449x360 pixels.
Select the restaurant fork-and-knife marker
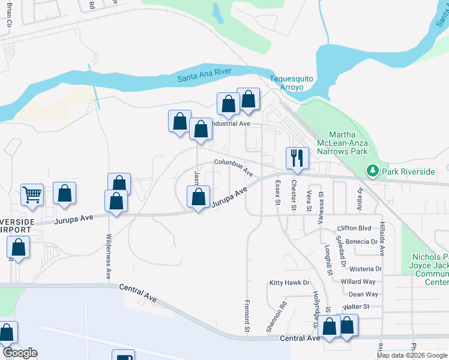pyautogui.click(x=297, y=158)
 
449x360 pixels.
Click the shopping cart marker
pyautogui.click(x=32, y=194)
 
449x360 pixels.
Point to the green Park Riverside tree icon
pyautogui.click(x=373, y=172)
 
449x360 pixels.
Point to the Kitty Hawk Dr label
pyautogui.click(x=289, y=283)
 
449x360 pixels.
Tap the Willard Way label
pyautogui.click(x=358, y=281)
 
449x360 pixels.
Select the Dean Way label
pyautogui.click(x=363, y=294)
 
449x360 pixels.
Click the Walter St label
pyautogui.click(x=357, y=307)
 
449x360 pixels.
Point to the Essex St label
pyautogui.click(x=278, y=192)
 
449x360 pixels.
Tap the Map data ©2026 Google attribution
pyautogui.click(x=412, y=355)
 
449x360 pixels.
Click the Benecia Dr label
pyautogui.click(x=361, y=242)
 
